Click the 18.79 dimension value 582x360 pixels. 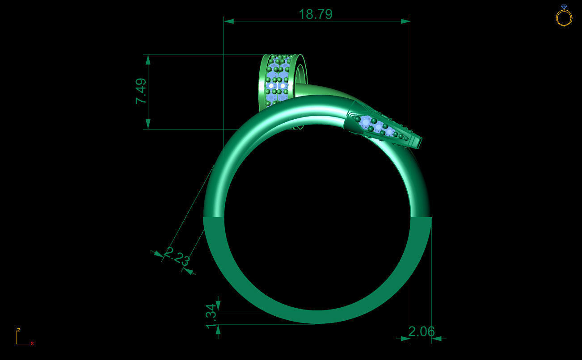coord(316,14)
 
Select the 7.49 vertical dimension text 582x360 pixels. coord(141,91)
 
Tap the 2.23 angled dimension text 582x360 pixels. coord(177,256)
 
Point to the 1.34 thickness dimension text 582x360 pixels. coord(211,317)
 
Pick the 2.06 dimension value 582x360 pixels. coord(421,331)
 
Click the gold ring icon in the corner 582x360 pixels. coord(564,16)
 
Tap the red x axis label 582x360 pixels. coord(32,343)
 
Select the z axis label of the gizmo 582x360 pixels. coord(18,330)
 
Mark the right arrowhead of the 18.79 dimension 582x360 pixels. coord(405,21)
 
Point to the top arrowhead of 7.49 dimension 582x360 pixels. coord(148,60)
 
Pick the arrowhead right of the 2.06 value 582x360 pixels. coord(437,339)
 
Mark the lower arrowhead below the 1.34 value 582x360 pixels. coord(218,329)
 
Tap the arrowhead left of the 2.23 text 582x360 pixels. coord(158,254)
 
